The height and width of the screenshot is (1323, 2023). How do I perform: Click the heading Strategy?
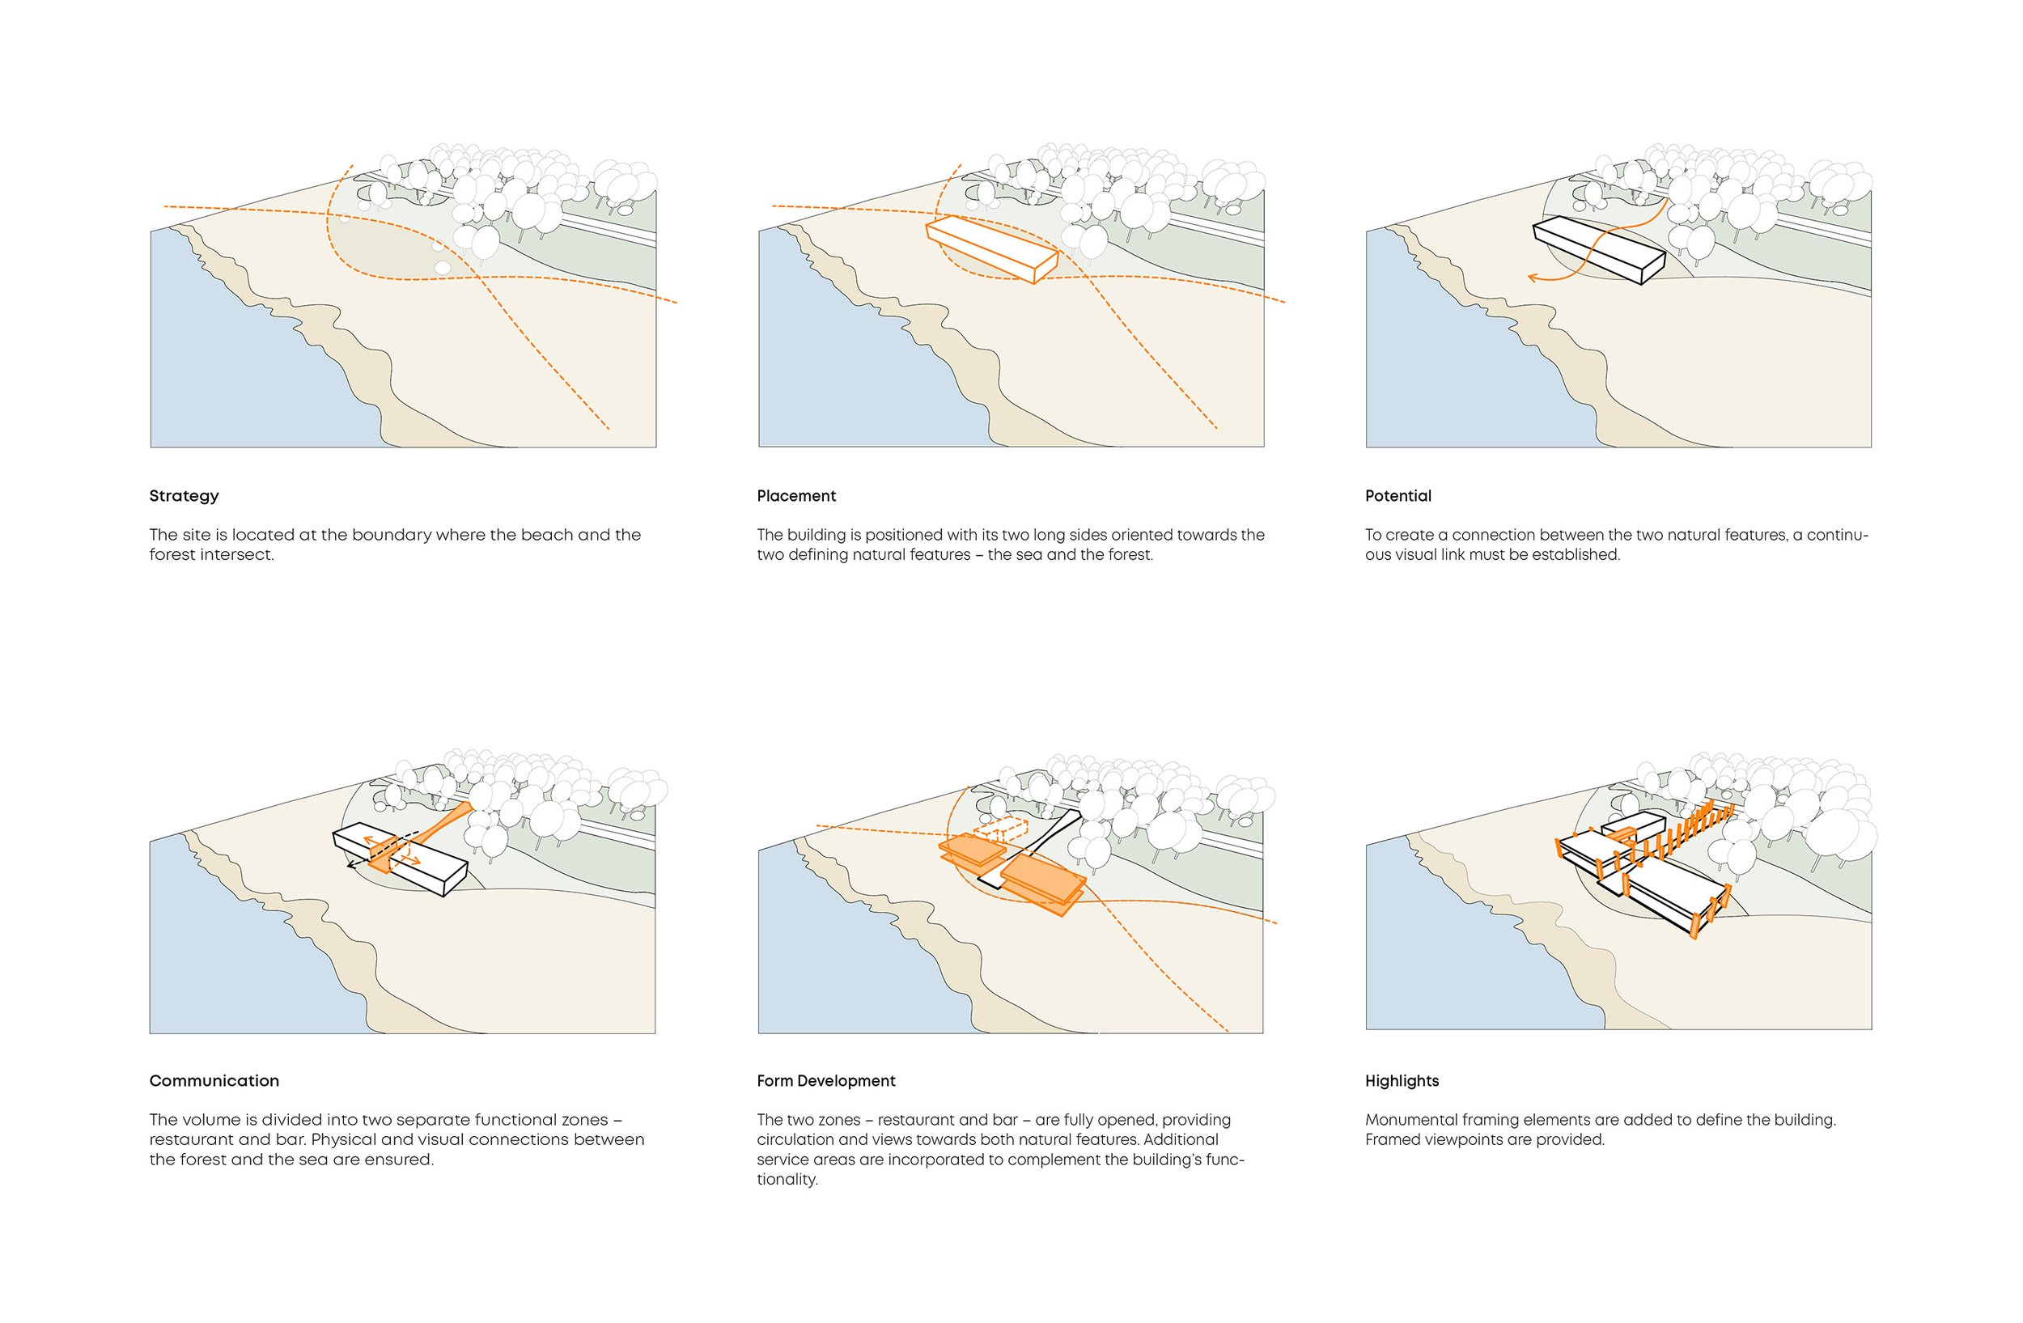point(184,495)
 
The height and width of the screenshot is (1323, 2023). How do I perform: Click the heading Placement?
point(795,495)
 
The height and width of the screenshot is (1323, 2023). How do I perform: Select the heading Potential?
point(1397,495)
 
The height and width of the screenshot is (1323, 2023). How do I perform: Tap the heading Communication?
point(214,1080)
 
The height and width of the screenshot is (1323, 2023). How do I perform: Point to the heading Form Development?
point(825,1080)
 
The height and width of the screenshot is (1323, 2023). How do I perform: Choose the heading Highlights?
point(1401,1080)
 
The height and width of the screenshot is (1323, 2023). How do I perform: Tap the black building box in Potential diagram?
point(1598,248)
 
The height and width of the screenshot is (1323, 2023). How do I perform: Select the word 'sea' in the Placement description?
point(1029,554)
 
